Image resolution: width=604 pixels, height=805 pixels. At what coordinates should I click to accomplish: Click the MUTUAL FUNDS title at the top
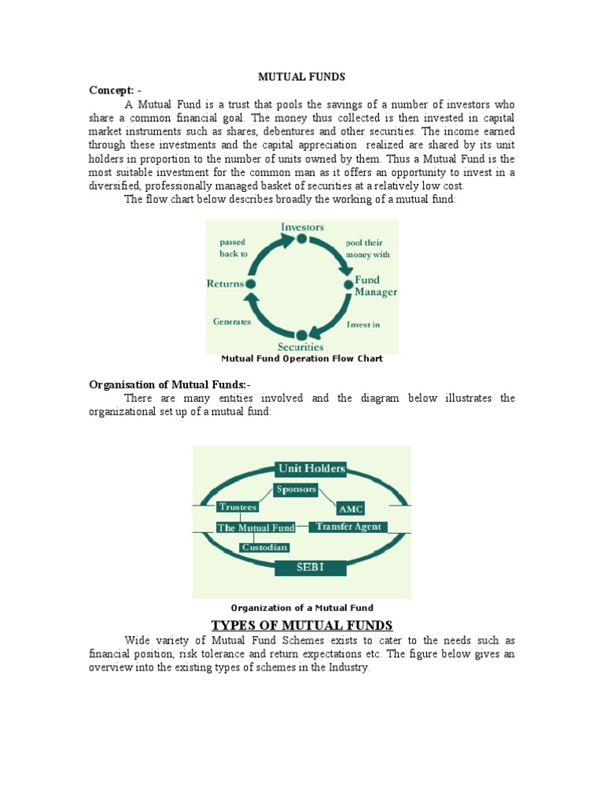click(302, 76)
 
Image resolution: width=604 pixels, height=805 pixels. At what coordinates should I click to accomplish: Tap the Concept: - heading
click(116, 90)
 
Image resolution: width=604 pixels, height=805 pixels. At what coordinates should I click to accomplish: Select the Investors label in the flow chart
click(302, 227)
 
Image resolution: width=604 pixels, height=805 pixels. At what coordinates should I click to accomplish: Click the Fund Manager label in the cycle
click(375, 286)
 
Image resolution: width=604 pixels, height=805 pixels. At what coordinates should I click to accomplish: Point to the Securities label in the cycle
click(300, 346)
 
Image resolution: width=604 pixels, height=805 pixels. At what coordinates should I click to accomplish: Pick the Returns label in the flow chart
click(225, 284)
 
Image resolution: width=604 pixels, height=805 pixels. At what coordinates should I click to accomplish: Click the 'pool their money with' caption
click(367, 248)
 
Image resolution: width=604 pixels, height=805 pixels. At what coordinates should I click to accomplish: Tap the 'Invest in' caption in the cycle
click(363, 324)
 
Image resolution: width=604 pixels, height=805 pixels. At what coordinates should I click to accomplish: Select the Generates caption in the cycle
click(232, 322)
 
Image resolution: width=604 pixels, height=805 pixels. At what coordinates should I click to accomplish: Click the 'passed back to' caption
click(234, 248)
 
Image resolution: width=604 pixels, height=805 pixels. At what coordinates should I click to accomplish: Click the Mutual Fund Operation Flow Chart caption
click(302, 358)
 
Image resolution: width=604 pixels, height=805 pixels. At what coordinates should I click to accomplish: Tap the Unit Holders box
click(311, 469)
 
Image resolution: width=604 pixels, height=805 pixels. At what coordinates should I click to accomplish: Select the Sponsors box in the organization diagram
click(296, 490)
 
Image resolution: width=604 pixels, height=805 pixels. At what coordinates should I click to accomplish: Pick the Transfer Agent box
click(351, 527)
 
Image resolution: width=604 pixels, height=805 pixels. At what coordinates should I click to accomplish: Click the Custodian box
click(264, 547)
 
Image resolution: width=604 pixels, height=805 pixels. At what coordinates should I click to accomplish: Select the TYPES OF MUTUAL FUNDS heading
click(302, 626)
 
